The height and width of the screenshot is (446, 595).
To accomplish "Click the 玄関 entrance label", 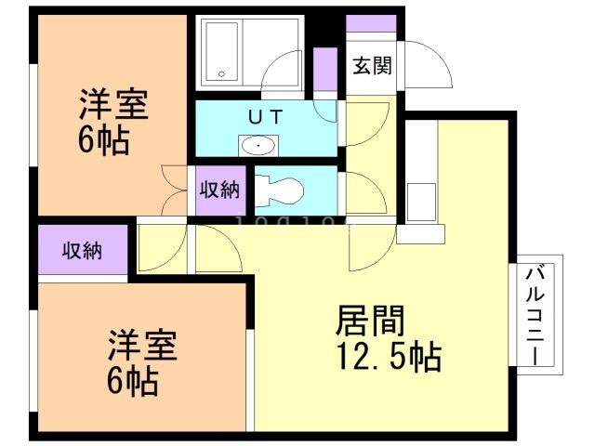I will [x=372, y=66].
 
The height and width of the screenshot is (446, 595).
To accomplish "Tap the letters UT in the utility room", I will [x=259, y=117].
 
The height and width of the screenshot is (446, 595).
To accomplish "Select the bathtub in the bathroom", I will [x=222, y=52].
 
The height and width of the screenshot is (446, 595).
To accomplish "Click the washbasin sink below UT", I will [x=257, y=145].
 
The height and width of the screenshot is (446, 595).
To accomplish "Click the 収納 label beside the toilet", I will [x=220, y=190].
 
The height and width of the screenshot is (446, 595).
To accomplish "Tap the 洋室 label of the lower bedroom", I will [x=139, y=345].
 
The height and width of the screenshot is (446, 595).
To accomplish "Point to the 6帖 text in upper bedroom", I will [x=103, y=142].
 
